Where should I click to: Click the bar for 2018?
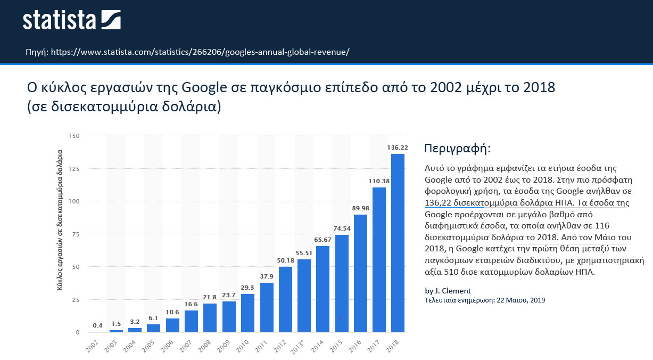pyautogui.click(x=398, y=243)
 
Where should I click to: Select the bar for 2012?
pyautogui.click(x=285, y=299)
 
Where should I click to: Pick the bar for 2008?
pyautogui.click(x=210, y=318)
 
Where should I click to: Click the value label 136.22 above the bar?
pyautogui.click(x=398, y=148)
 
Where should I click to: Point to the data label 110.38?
pyautogui.click(x=379, y=181)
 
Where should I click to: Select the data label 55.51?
pyautogui.click(x=304, y=253)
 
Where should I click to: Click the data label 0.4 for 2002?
pyautogui.click(x=97, y=325)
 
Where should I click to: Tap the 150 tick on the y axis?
pyautogui.click(x=74, y=136)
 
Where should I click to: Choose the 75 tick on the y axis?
pyautogui.click(x=76, y=234)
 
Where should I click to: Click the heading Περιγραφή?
pyautogui.click(x=458, y=148)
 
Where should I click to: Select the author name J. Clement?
pyautogui.click(x=453, y=291)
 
